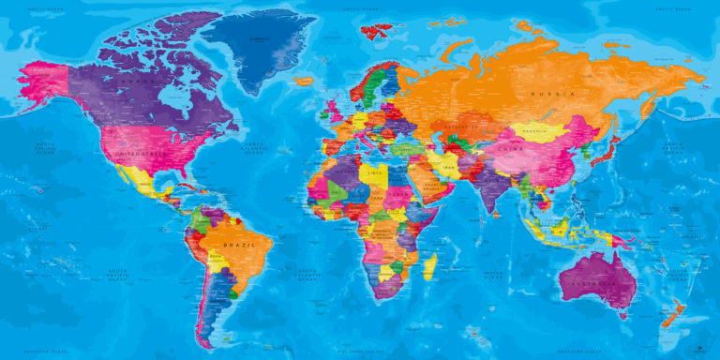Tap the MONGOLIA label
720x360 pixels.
click(x=533, y=130)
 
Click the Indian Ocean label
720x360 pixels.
click(x=494, y=275)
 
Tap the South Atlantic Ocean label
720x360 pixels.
click(x=308, y=275)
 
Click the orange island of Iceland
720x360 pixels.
click(x=303, y=82)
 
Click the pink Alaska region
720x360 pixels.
click(x=42, y=79)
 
